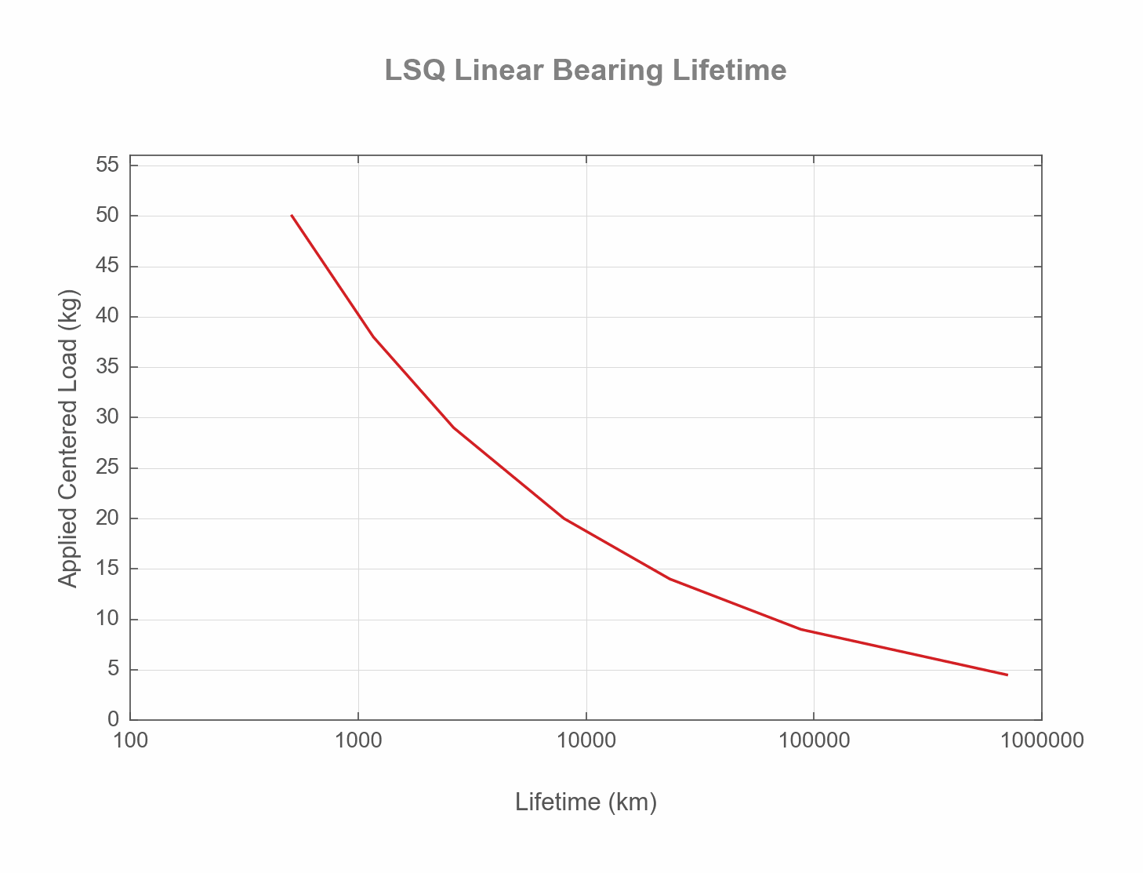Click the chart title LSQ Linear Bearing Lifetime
click(x=585, y=71)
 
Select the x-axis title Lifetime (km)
click(x=586, y=802)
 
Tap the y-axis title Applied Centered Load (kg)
click(x=69, y=438)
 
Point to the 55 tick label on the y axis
click(x=107, y=165)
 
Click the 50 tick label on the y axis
click(x=107, y=216)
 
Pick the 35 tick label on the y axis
click(x=107, y=367)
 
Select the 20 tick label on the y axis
click(x=107, y=518)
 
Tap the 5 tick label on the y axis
click(x=113, y=670)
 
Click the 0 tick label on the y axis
click(x=113, y=719)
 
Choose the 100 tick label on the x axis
click(x=130, y=740)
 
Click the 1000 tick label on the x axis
click(x=358, y=740)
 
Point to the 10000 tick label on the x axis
click(x=586, y=740)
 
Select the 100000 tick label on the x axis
click(x=814, y=740)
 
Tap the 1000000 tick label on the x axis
click(x=1042, y=740)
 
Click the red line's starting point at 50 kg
click(x=291, y=215)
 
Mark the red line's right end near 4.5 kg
click(x=1007, y=675)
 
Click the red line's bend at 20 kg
click(x=564, y=518)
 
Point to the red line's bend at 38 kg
click(x=373, y=336)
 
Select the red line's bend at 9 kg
click(x=801, y=629)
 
